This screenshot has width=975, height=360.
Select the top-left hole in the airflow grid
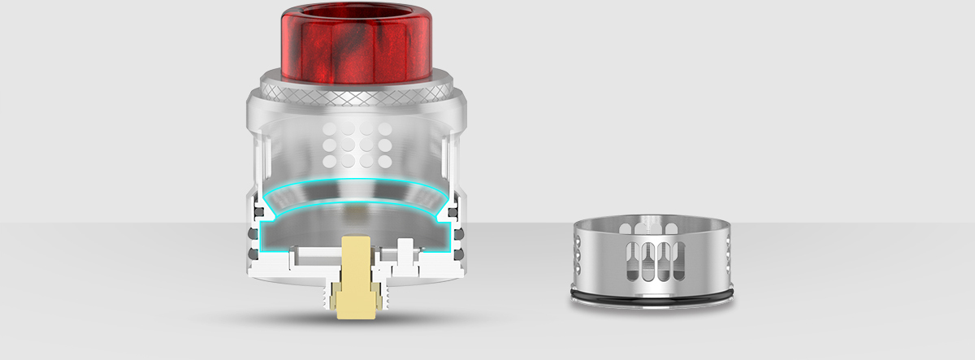pos(327,129)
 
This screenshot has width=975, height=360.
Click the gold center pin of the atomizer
pos(356,268)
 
